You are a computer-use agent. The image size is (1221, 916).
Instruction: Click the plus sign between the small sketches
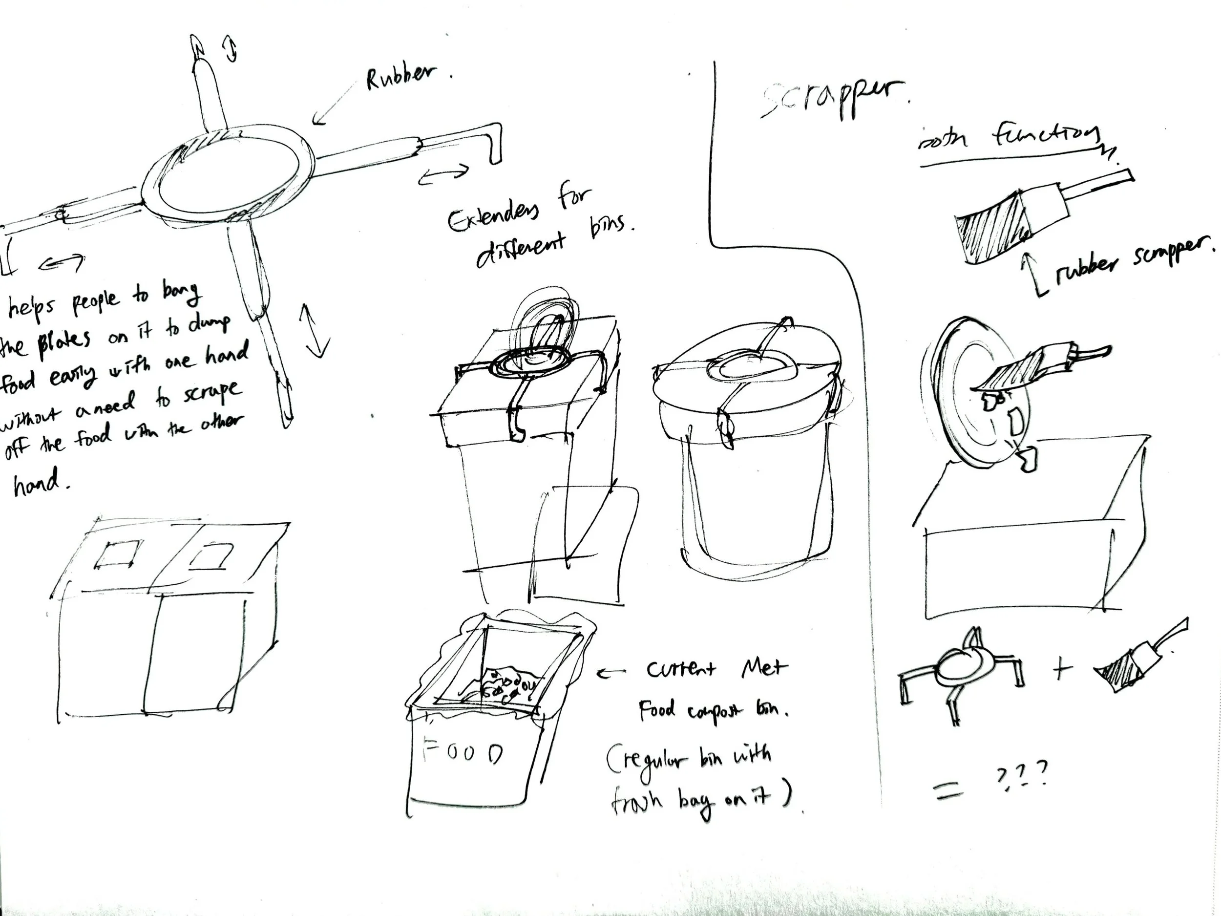(x=1061, y=669)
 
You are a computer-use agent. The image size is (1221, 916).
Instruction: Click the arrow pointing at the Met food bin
(x=611, y=672)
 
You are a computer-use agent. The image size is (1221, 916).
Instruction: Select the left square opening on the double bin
(x=116, y=554)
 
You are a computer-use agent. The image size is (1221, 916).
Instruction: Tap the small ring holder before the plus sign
(x=961, y=671)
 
